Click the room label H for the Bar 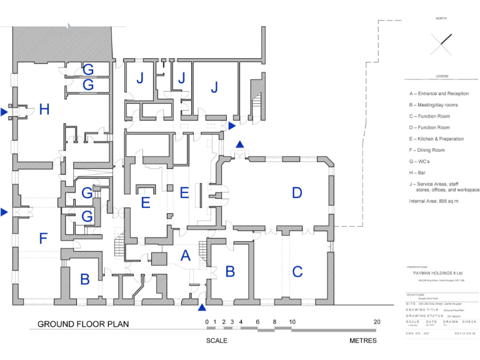pos(44,110)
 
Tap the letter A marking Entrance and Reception pos(185,255)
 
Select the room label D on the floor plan pos(297,193)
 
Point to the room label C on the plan pos(297,272)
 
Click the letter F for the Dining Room pos(43,238)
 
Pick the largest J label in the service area pos(214,87)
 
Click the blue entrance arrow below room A pos(202,307)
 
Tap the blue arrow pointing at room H pos(4,112)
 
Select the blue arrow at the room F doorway pos(4,212)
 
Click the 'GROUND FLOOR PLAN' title pos(83,324)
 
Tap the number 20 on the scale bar pos(376,322)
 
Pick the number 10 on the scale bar pos(291,322)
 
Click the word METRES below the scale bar pos(362,341)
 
